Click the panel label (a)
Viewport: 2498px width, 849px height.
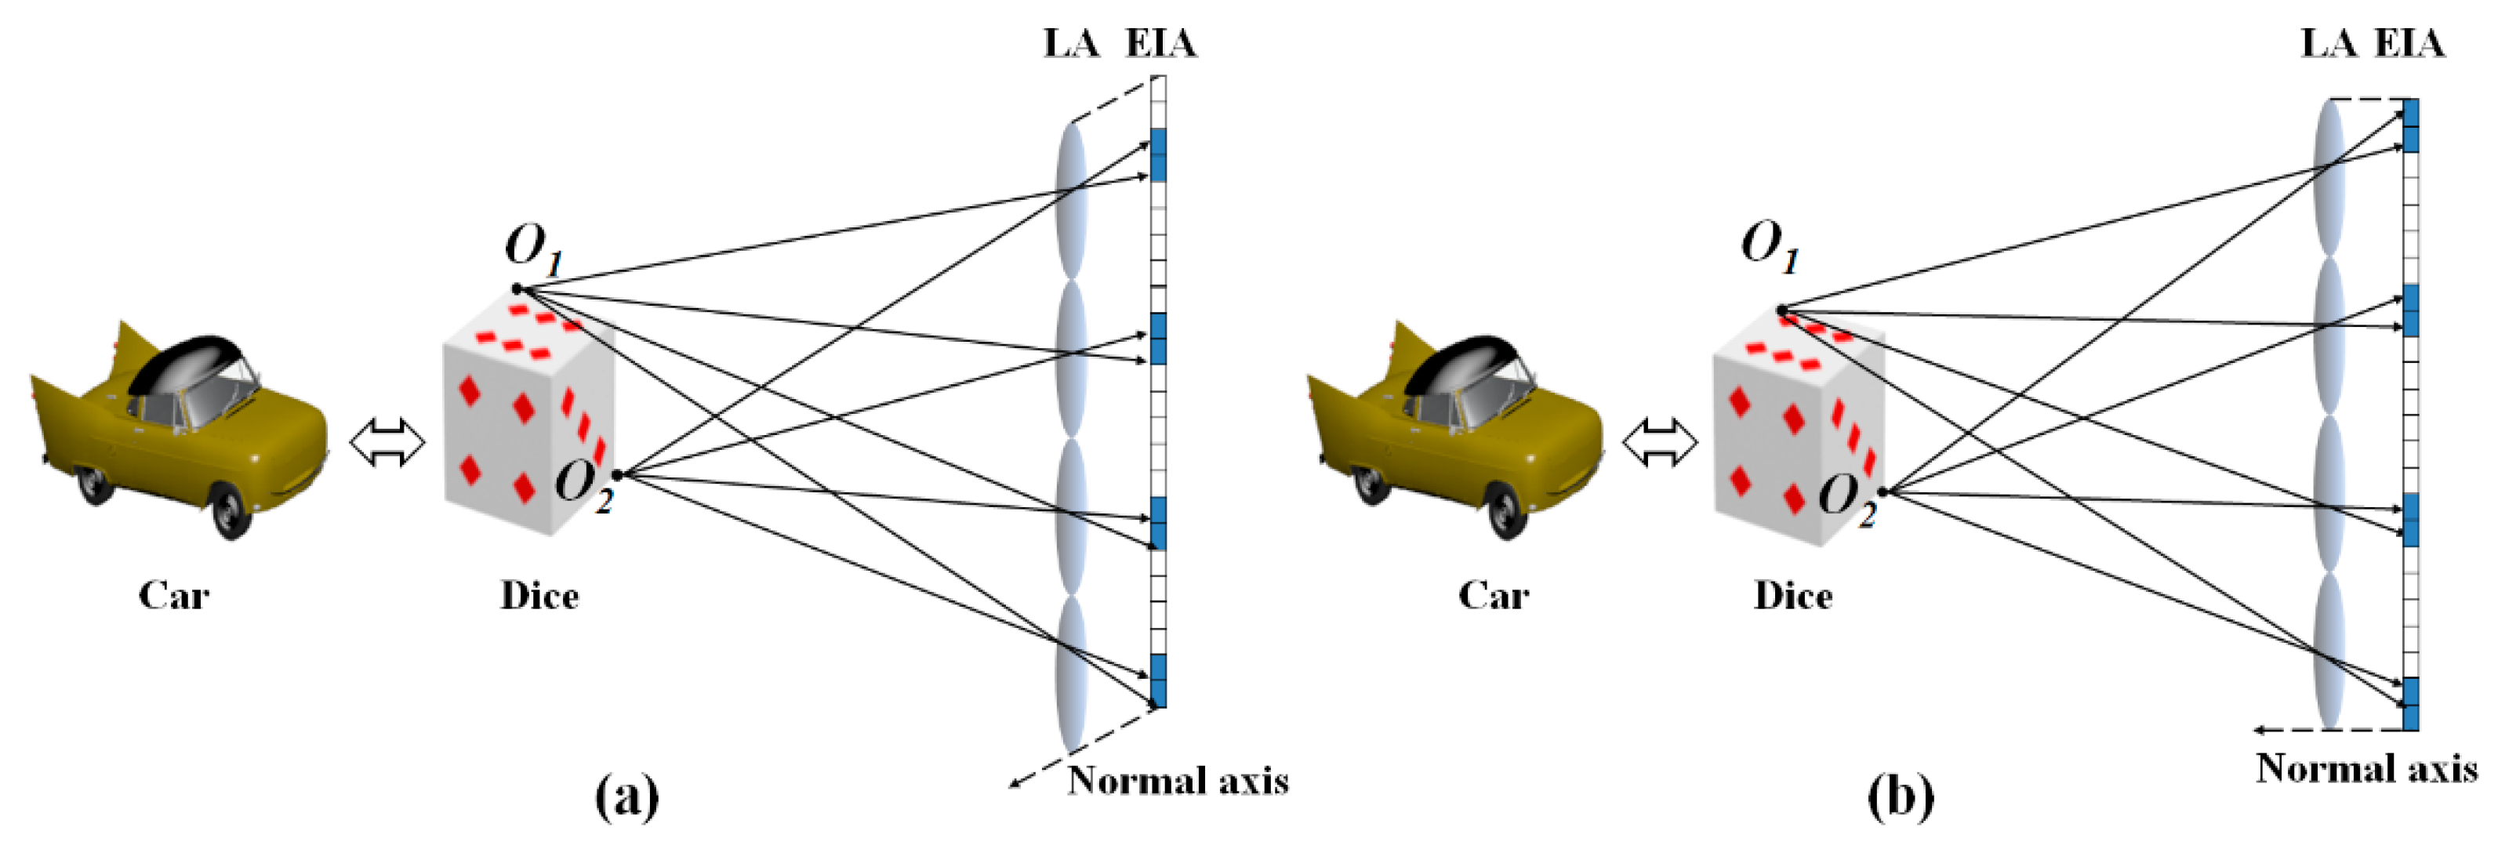tap(626, 796)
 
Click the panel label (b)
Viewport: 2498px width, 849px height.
tap(1901, 796)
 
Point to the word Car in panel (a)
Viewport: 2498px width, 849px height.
tap(173, 595)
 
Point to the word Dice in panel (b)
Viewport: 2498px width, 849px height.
tap(1793, 595)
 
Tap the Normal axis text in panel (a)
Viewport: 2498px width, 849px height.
tap(1178, 781)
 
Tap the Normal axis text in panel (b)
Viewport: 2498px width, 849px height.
tap(2367, 768)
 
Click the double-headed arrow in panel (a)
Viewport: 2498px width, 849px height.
tap(387, 444)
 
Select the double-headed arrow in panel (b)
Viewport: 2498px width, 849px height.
tap(1660, 444)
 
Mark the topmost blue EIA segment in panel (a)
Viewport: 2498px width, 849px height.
tap(1158, 155)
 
